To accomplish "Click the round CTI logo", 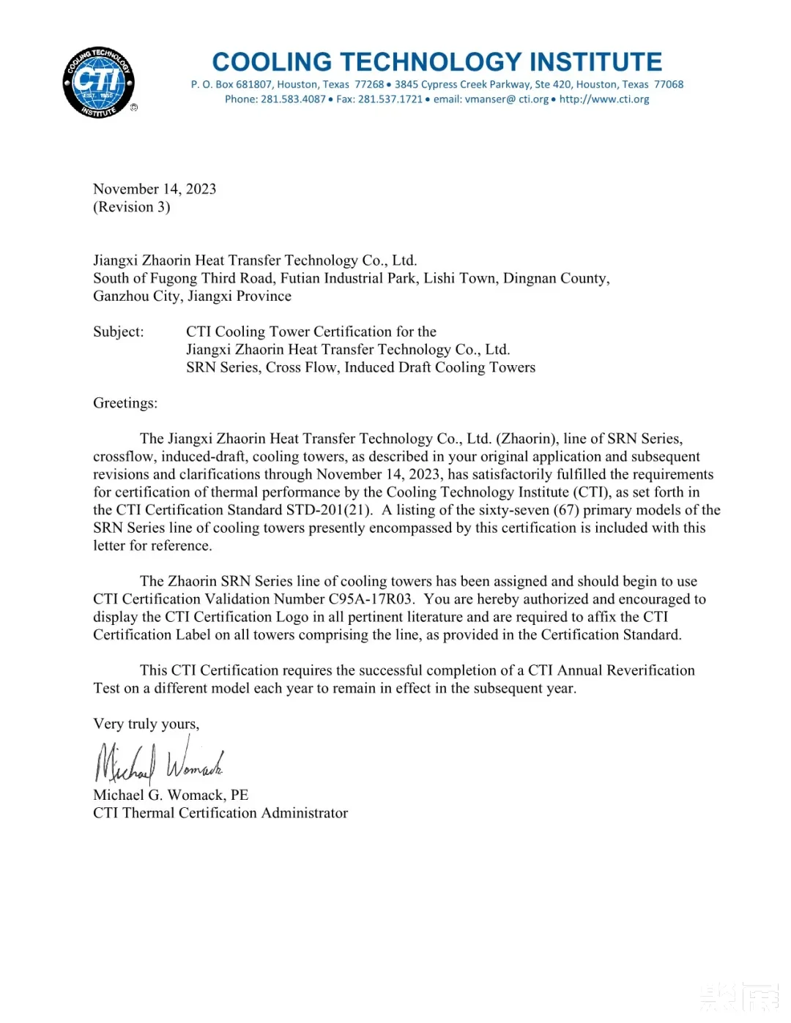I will click(99, 83).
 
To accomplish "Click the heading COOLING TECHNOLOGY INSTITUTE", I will click(437, 61).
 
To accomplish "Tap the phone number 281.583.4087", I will click(293, 100).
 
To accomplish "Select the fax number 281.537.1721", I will click(390, 100).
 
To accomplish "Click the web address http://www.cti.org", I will click(604, 100).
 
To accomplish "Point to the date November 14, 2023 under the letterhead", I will click(155, 189).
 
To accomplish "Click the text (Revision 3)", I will click(132, 207).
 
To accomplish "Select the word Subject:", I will click(119, 331).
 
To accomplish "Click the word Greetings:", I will click(125, 403).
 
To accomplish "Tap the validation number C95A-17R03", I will click(371, 599).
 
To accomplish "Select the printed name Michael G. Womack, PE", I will click(171, 795).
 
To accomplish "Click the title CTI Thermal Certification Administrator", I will click(220, 813).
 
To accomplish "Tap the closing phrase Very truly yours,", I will click(146, 724).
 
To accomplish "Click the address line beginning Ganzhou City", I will click(192, 296).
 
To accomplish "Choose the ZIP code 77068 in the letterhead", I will click(669, 85).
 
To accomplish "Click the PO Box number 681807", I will click(254, 85).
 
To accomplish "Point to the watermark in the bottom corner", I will click(738, 997).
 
